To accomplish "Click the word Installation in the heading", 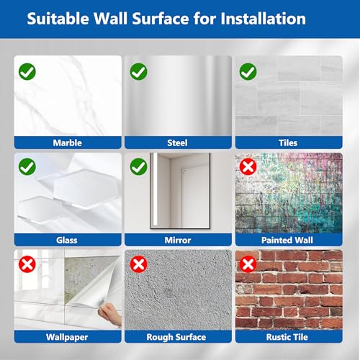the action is coord(263,19).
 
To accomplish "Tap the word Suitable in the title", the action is coord(58,19).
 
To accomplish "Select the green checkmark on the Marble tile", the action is coord(27,71).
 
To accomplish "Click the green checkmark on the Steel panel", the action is coord(138,71).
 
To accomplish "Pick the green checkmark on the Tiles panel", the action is coord(248,71).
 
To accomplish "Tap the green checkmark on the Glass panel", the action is coord(27,166).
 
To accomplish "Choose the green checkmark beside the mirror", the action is coord(138,166).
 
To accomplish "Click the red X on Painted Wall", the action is coord(248,166).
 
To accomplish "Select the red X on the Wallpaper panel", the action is coord(27,264).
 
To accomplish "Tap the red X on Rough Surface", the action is coord(138,264).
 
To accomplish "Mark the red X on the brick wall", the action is coord(248,264).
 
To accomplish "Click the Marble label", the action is coord(68,143).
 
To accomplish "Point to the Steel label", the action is coord(177,143).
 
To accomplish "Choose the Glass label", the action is coord(67,240).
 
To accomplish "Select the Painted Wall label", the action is coord(287,240).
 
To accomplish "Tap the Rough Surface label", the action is coord(176,337).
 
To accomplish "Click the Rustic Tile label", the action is coord(287,337).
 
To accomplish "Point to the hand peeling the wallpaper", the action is coord(110,313).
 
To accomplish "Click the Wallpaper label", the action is coord(67,338).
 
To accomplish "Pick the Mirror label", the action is coord(178,240).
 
